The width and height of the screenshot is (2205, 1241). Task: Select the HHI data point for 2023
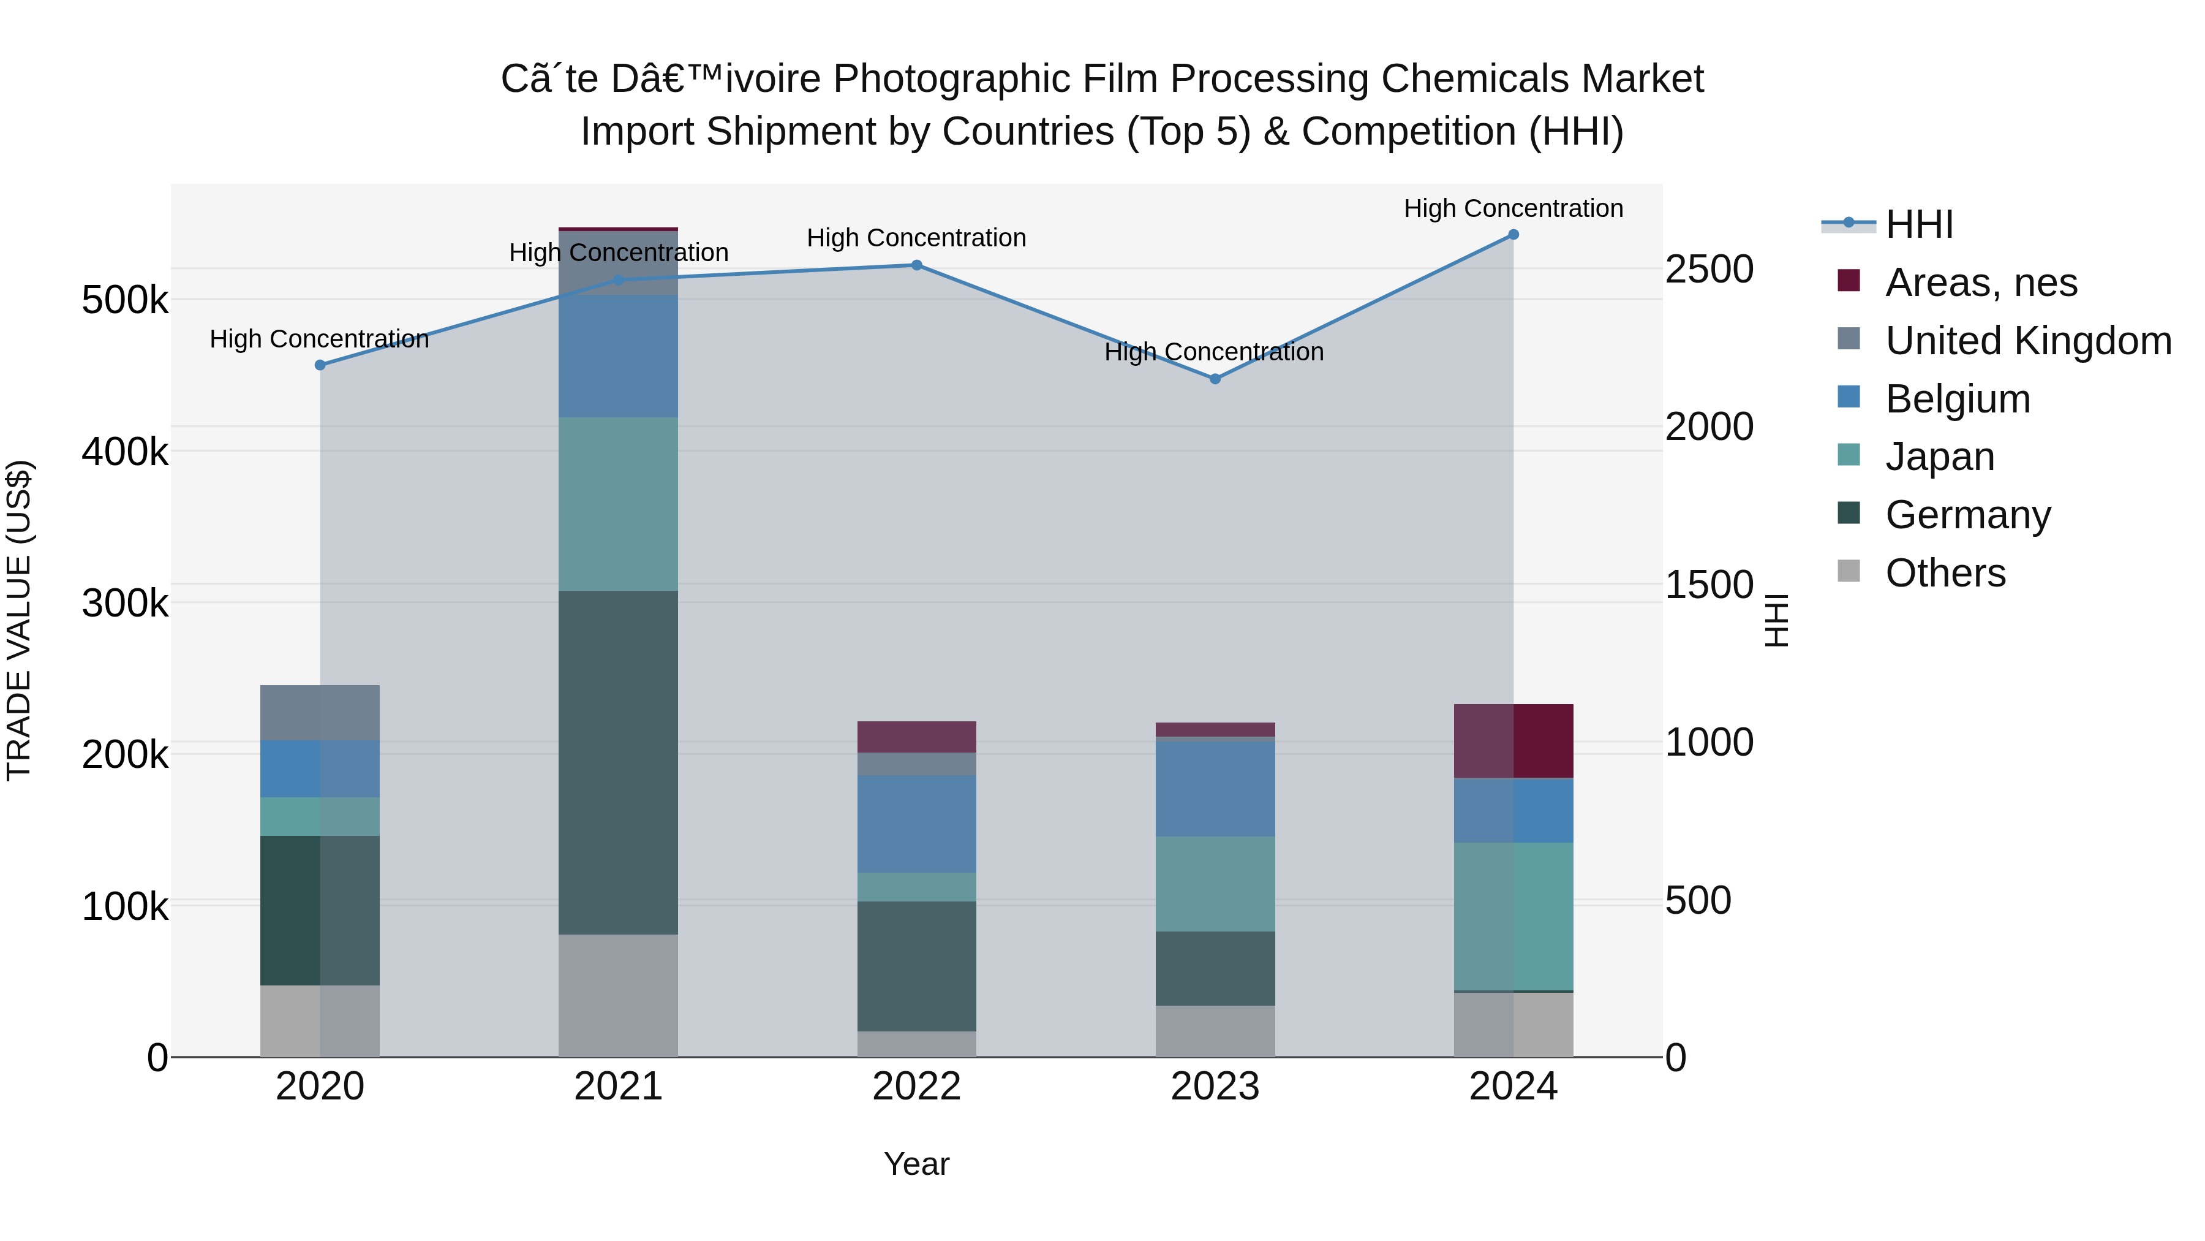(1215, 379)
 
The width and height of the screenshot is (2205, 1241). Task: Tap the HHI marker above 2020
(320, 365)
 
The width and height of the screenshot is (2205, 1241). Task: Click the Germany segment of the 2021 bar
(618, 762)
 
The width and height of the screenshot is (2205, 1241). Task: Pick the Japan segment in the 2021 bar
(618, 504)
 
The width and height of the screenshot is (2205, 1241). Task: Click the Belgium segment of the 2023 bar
(1215, 788)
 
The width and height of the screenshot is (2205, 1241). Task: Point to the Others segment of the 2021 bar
(618, 995)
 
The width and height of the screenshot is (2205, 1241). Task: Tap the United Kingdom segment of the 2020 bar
(320, 713)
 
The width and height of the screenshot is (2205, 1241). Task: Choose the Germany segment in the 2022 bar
(917, 966)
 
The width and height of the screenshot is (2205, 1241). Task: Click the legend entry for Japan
(1940, 457)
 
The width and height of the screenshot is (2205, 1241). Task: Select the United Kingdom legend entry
(2028, 340)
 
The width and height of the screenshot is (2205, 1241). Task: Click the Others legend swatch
(1849, 571)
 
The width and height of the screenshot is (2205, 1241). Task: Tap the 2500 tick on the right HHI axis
(1708, 269)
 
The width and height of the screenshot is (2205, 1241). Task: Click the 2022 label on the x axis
(917, 1087)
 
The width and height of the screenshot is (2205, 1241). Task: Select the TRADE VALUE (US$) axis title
(19, 620)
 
